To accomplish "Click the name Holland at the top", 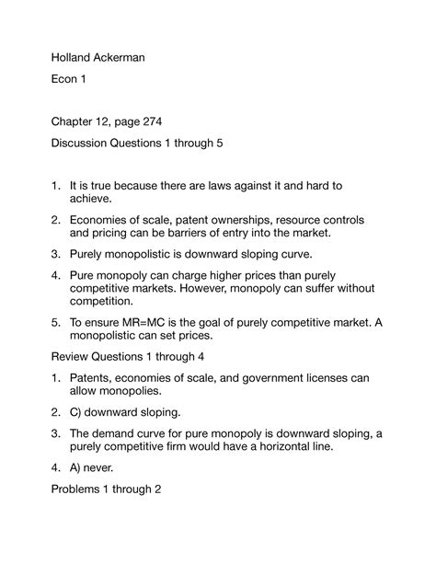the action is click(70, 58).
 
